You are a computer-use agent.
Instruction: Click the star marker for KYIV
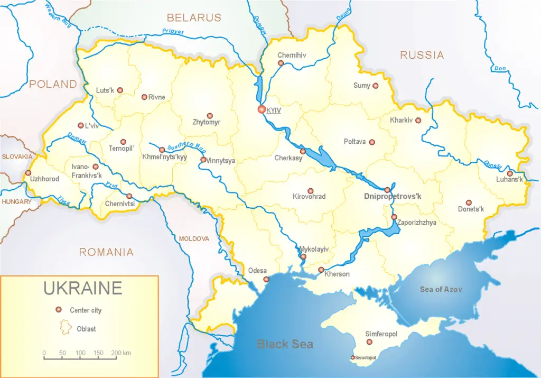coord(261,109)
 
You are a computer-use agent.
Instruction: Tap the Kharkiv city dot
coord(418,121)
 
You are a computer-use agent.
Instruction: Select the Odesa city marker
coord(266,280)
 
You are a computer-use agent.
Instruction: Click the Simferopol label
coord(381,334)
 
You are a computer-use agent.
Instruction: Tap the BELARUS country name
coord(194,18)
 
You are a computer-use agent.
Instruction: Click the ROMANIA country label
coord(106,252)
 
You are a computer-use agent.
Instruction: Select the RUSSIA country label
coord(422,55)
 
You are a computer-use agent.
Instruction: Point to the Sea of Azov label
coord(441,289)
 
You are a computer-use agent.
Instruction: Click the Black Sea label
coord(285,344)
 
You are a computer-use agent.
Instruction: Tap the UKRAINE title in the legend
coord(82,288)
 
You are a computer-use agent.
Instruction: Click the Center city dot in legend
coord(58,310)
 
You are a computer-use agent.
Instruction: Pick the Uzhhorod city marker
coord(28,173)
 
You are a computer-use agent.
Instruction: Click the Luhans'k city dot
coord(510,173)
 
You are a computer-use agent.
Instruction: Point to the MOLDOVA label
coord(194,238)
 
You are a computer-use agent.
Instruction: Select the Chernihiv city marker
coord(281,63)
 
